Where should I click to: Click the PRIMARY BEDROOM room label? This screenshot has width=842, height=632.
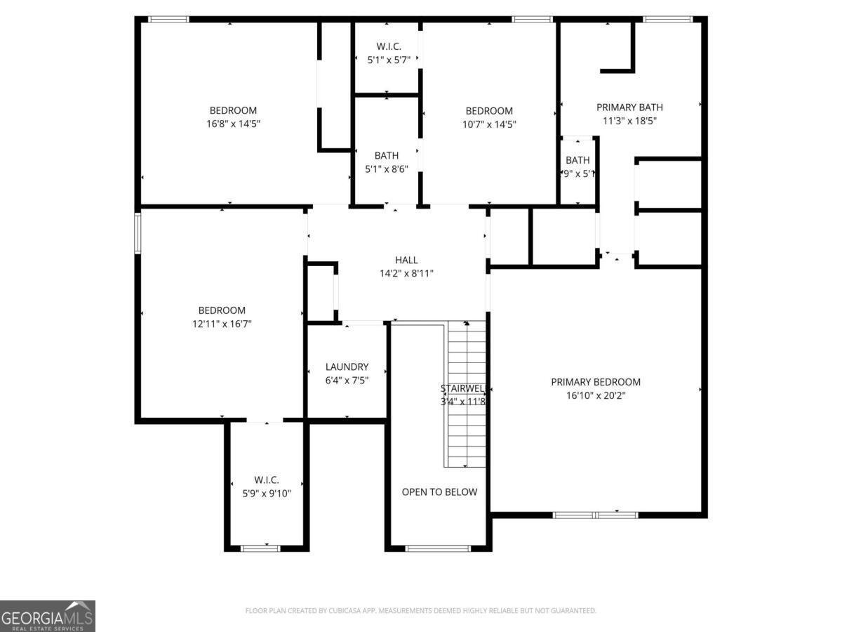[596, 382]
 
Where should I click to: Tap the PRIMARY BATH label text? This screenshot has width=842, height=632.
[629, 107]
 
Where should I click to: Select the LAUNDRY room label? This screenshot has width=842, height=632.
[347, 367]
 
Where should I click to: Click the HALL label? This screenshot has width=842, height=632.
[406, 260]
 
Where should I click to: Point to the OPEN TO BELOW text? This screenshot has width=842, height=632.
[439, 492]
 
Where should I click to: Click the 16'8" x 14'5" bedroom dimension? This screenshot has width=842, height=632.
[233, 124]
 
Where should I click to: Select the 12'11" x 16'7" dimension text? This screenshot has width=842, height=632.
[222, 324]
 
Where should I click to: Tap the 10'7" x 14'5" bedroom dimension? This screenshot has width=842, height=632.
[489, 124]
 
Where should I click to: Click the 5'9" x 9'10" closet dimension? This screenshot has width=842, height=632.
[267, 493]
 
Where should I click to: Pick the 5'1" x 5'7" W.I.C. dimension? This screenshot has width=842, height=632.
[389, 60]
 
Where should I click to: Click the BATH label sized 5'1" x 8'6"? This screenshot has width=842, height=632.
[386, 155]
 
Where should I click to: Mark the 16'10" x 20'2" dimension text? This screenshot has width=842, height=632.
[596, 395]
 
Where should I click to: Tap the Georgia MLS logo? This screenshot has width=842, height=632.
[48, 616]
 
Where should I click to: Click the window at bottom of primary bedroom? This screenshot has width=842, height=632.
[595, 515]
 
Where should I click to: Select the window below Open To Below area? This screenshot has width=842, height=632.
[438, 548]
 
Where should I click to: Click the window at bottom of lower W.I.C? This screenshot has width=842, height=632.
[260, 548]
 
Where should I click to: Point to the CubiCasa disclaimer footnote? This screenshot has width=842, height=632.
[421, 611]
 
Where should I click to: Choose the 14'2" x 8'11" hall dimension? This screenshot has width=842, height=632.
[406, 273]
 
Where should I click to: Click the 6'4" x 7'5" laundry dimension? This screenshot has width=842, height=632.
[347, 380]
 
